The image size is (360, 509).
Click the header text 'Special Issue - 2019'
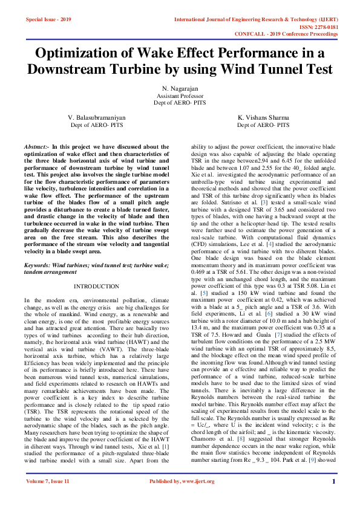[48, 20]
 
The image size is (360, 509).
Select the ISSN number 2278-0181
[324, 27]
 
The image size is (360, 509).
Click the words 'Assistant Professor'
[180, 96]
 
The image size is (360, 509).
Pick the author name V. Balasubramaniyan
[97, 117]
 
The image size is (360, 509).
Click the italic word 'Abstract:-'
[36, 147]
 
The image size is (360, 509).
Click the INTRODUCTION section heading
[97, 286]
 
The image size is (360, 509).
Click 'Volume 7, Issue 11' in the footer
[48, 498]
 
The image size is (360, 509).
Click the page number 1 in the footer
[333, 498]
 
